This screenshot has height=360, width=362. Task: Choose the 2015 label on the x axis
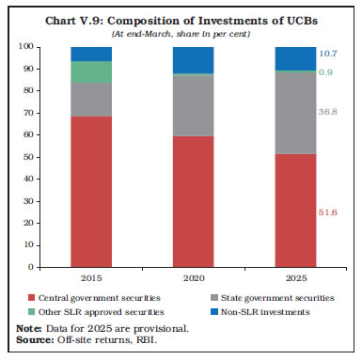90,279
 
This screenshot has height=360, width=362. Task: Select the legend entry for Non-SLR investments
272,311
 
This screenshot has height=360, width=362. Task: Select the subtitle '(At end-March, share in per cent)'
180,33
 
